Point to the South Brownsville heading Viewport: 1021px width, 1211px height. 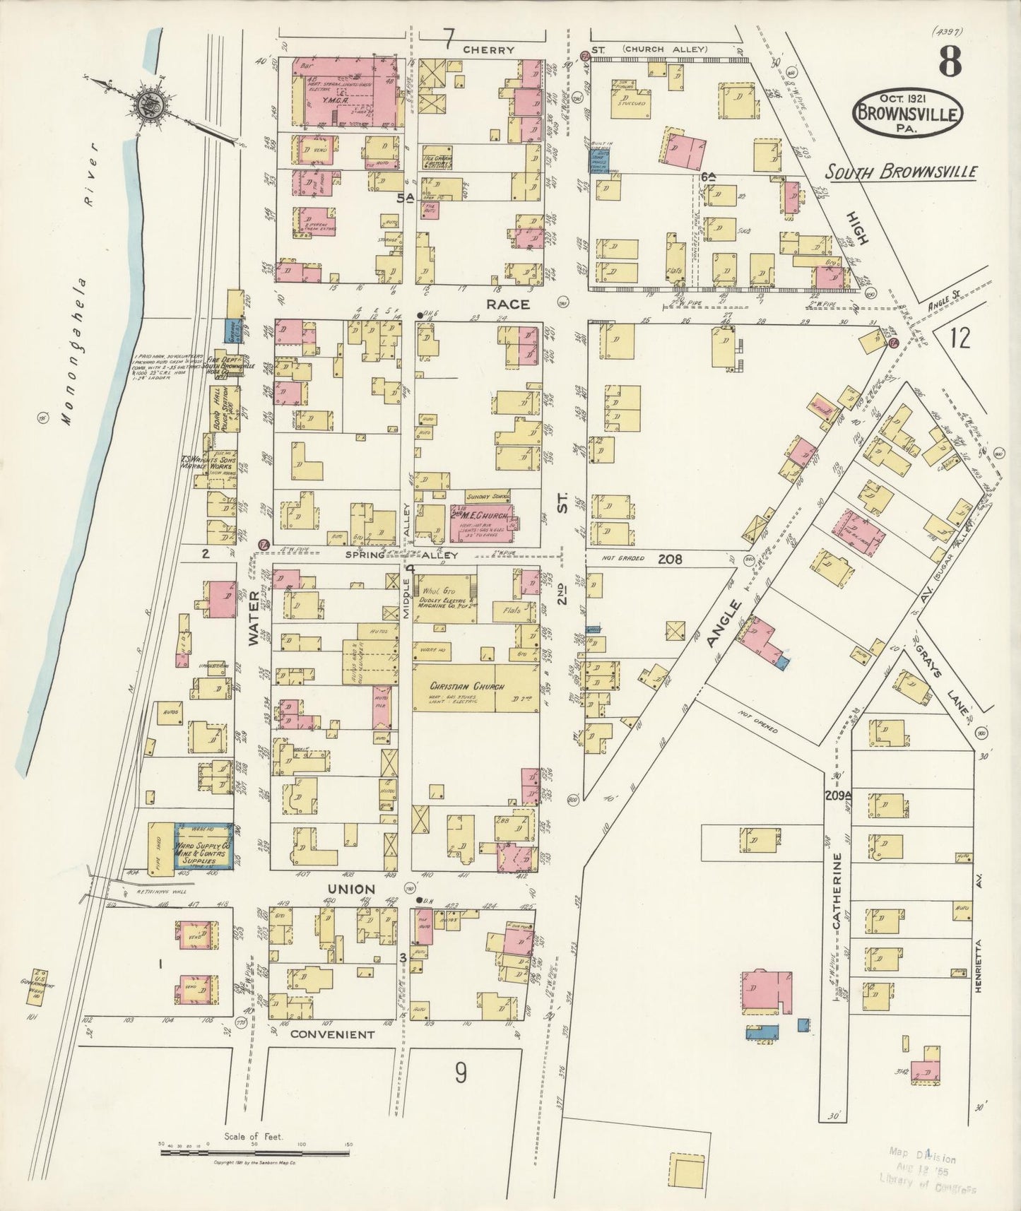(x=903, y=172)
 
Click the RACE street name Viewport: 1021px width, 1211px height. (x=507, y=304)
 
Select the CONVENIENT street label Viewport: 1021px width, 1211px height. (x=331, y=1034)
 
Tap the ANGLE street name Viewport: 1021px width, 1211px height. (x=732, y=622)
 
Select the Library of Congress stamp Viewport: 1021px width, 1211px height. (x=927, y=1174)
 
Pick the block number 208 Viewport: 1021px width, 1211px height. (x=669, y=559)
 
